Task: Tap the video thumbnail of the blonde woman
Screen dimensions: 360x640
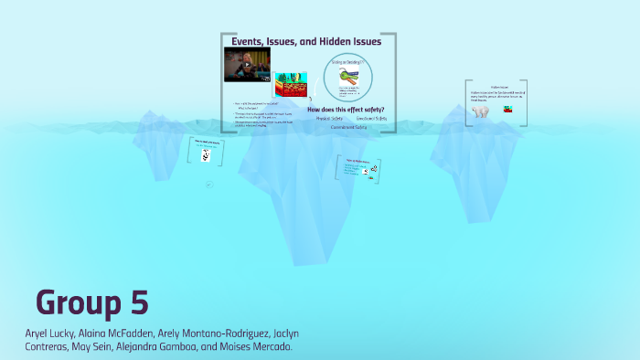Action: pyautogui.click(x=248, y=65)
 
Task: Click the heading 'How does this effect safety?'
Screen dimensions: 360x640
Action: pyautogui.click(x=346, y=110)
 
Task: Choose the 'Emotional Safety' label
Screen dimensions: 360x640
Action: pyautogui.click(x=372, y=119)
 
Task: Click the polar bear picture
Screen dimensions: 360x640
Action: pyautogui.click(x=480, y=112)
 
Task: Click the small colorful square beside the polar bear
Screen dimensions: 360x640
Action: pyautogui.click(x=506, y=110)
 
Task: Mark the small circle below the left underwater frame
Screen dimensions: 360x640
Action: pyautogui.click(x=208, y=185)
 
